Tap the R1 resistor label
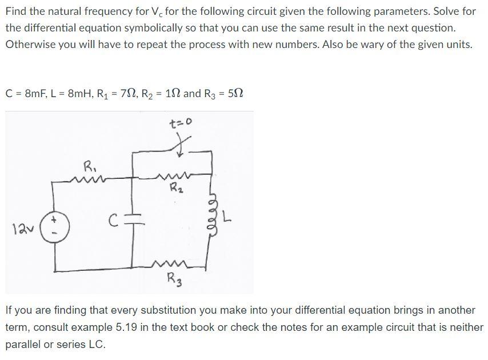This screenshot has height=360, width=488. pyautogui.click(x=90, y=169)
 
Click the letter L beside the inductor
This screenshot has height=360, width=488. pyautogui.click(x=227, y=218)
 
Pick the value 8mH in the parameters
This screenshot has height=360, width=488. pyautogui.click(x=70, y=93)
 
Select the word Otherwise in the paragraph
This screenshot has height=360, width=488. pyautogui.click(x=29, y=44)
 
